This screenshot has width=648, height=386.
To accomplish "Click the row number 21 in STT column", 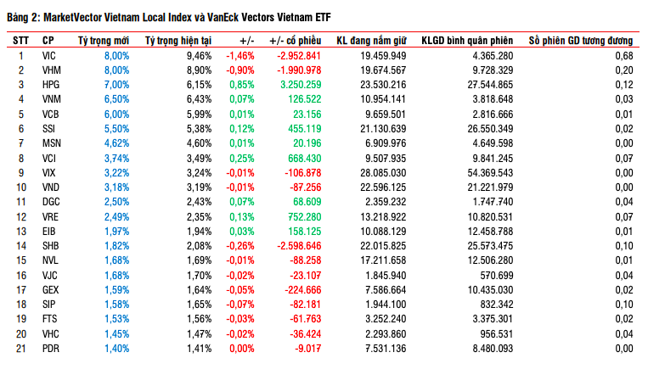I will point(22,348).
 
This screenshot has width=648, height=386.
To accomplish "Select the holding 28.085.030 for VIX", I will point(384,172).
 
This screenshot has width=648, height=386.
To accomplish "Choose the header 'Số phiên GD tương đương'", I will point(580,40).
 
